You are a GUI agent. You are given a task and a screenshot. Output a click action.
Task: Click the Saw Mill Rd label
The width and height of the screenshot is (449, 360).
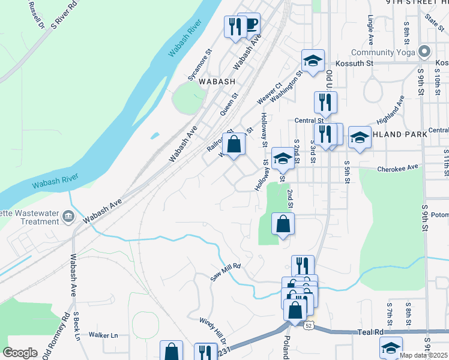(225, 272)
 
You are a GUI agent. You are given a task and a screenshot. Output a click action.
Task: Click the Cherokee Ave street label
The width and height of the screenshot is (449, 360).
(397, 169)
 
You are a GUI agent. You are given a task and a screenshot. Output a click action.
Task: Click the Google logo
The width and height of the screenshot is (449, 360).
(20, 353)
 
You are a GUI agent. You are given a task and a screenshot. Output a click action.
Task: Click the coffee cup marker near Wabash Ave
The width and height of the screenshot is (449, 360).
(251, 24)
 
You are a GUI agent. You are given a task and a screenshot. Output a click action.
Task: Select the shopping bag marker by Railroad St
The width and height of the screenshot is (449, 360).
(235, 144)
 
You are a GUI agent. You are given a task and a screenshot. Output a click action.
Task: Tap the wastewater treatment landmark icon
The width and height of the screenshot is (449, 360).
(67, 215)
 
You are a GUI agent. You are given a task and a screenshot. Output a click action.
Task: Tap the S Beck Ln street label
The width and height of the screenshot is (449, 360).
(77, 326)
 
